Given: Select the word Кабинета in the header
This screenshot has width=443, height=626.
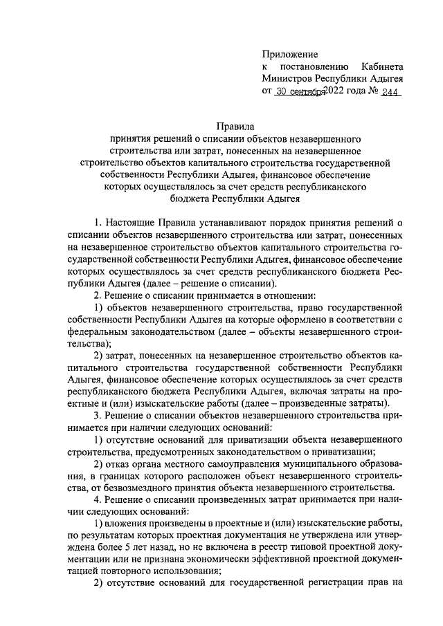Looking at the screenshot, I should point(381,66).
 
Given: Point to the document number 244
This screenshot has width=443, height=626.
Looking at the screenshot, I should point(391,92).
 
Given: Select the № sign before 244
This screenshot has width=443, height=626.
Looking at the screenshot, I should point(372,92).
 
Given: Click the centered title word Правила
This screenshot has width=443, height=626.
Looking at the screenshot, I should point(221,127).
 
